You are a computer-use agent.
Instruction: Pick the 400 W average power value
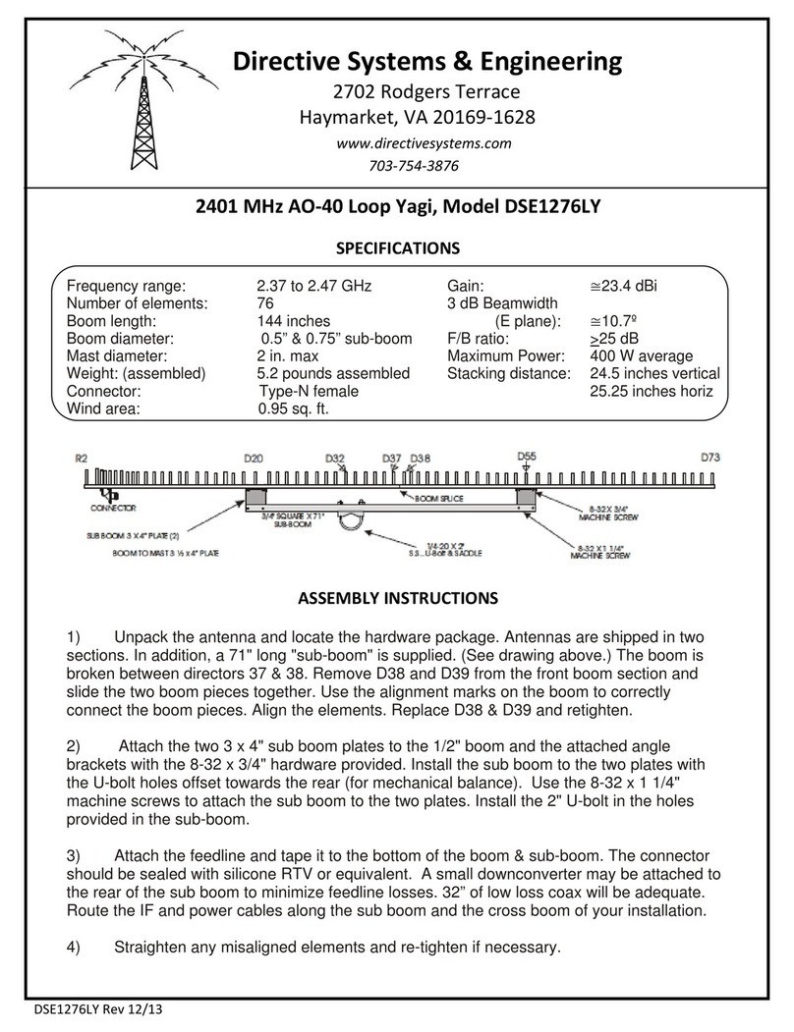pos(641,355)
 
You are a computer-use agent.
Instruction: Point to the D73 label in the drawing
pos(710,458)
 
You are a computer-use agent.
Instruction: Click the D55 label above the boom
pos(527,457)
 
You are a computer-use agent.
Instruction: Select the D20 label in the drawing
pos(254,458)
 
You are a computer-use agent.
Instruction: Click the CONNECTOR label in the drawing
pos(113,509)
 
